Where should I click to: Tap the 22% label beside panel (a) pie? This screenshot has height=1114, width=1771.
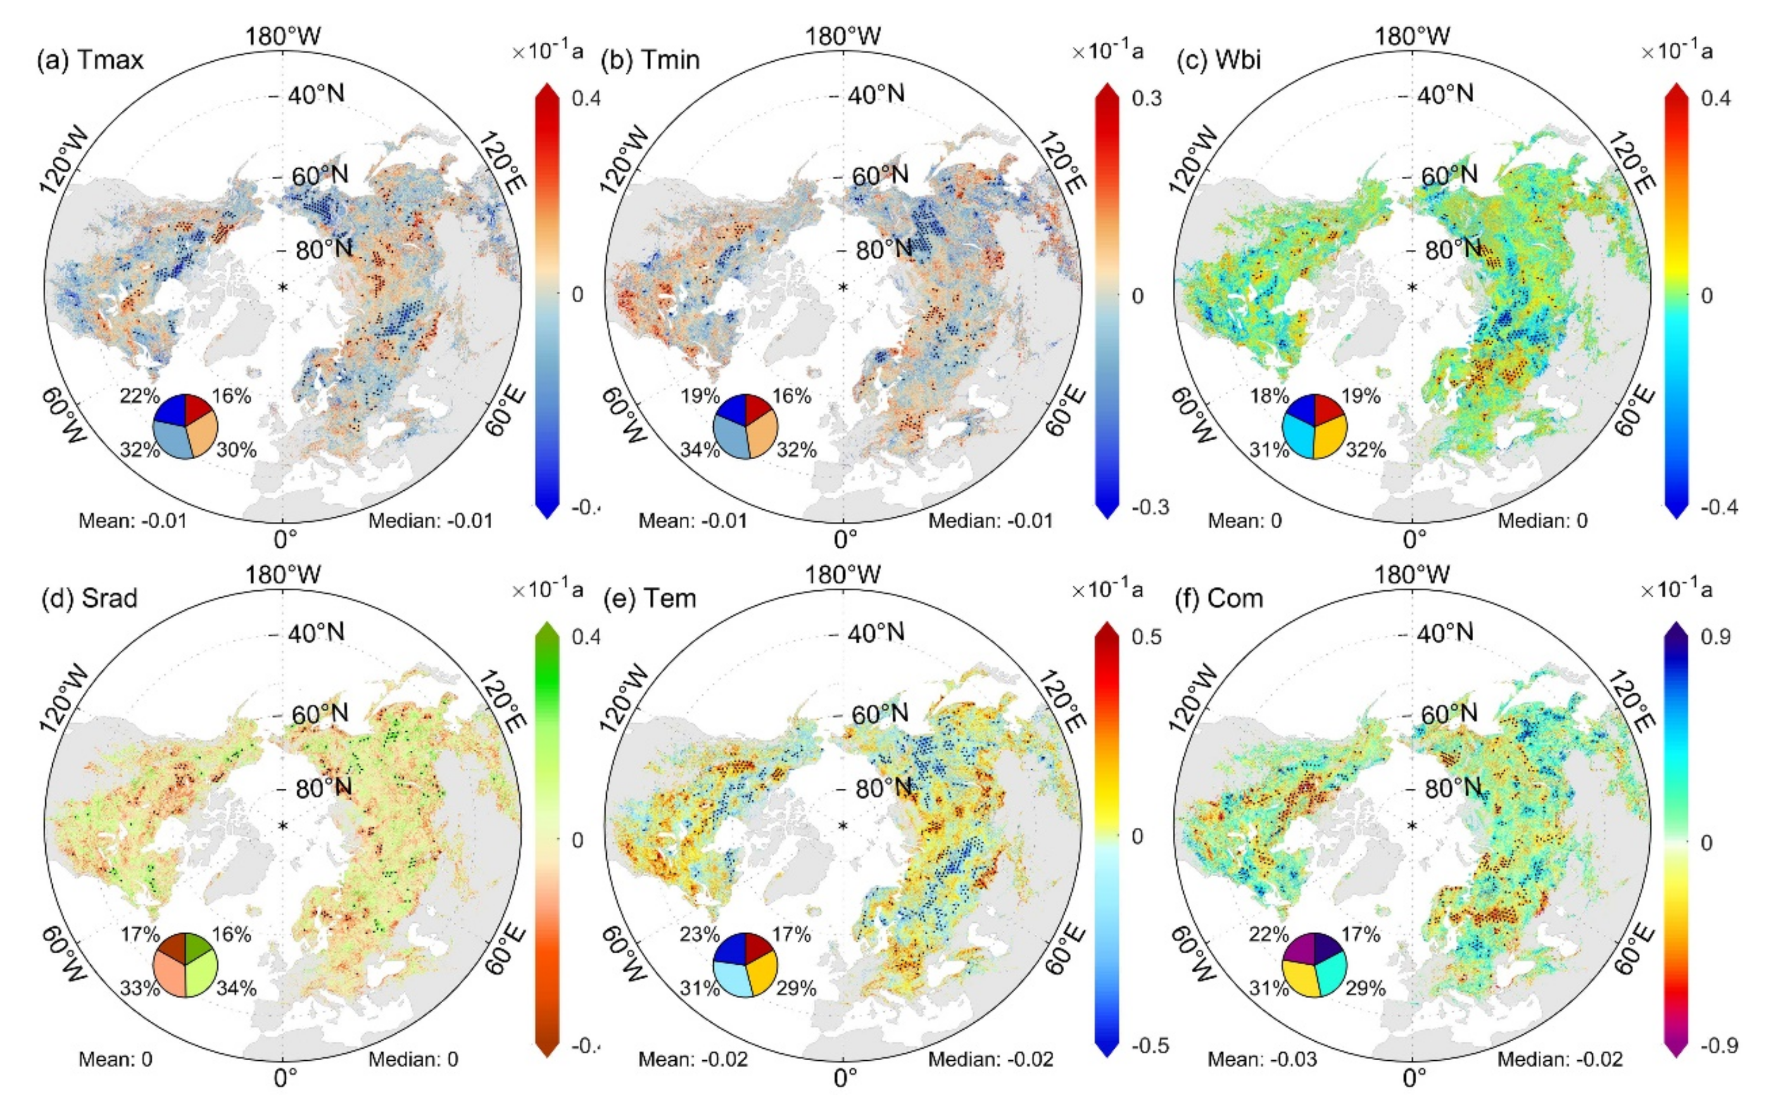(139, 396)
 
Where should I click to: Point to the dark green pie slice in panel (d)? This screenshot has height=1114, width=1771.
(197, 948)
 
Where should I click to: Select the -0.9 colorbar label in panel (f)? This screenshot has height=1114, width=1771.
(1719, 1045)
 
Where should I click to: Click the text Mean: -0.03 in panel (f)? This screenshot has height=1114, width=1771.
(1262, 1060)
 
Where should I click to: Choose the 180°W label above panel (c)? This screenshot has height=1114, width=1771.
(1412, 35)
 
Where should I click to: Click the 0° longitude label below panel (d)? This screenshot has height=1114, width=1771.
(285, 1078)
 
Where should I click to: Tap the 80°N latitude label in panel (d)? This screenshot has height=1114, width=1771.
(324, 789)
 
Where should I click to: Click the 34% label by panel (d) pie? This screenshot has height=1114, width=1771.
(236, 988)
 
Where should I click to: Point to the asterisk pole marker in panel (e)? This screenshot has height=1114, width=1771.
(843, 826)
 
